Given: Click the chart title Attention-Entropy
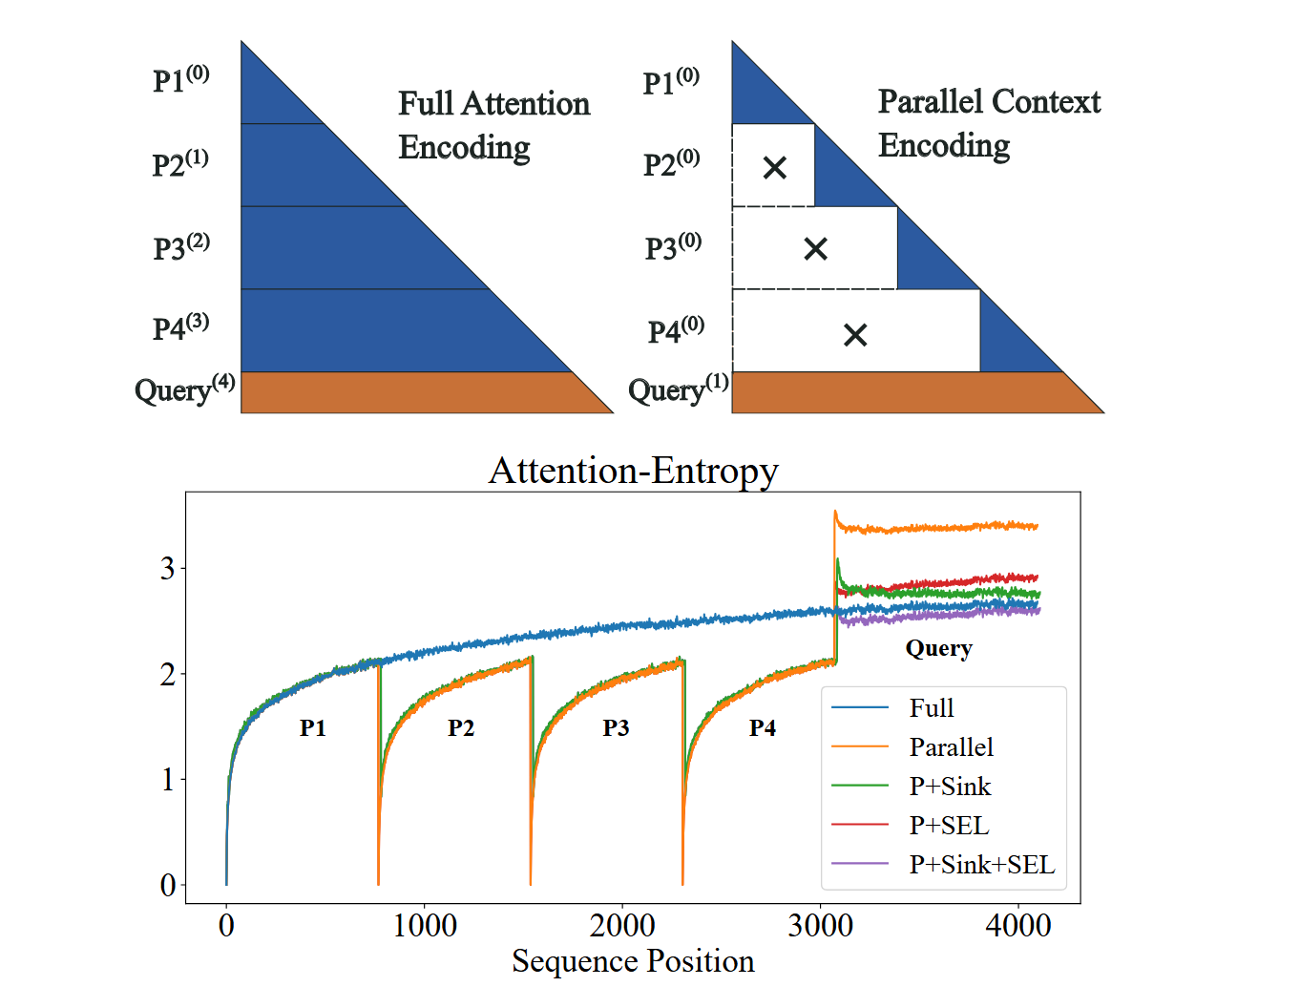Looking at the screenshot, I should (633, 471).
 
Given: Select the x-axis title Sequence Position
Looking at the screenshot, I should (633, 961).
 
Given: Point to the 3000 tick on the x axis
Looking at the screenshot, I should (821, 925).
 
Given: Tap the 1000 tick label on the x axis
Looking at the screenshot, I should (425, 925).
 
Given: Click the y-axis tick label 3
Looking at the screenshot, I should (168, 569).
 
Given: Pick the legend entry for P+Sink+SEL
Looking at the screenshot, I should (981, 865).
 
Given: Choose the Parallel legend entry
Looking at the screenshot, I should (951, 747).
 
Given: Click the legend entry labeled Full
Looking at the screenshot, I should (931, 708).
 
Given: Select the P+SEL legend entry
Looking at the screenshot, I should (949, 826).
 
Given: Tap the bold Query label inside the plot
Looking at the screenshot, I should (938, 649).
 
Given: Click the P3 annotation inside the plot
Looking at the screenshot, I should (616, 728).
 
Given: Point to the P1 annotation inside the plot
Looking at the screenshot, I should (313, 728).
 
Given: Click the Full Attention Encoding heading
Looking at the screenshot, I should (493, 125).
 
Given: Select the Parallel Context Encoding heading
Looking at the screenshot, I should (989, 123).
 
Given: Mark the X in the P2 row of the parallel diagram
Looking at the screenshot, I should (775, 168).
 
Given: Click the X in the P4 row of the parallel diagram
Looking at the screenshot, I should (855, 335).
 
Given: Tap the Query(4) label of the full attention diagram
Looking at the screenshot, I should (184, 389).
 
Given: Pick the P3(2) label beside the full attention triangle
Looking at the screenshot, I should (181, 247).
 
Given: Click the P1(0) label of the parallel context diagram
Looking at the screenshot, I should (671, 82).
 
